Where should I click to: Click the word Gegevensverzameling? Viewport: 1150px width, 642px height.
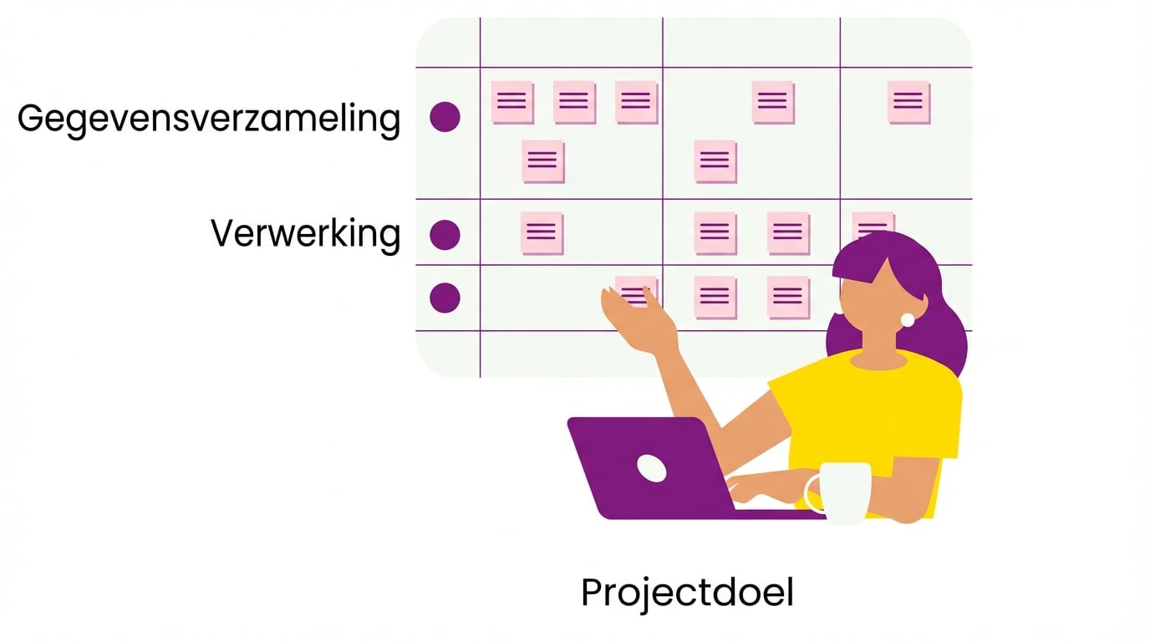(x=209, y=119)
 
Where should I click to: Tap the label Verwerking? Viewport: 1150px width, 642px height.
(x=305, y=234)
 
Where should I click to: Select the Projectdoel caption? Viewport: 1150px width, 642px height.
(x=687, y=593)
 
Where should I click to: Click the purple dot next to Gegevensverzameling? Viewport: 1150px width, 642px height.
(x=445, y=117)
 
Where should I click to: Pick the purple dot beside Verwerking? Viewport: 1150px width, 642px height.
(x=445, y=235)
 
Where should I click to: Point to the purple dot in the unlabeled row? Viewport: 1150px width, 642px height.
(x=445, y=298)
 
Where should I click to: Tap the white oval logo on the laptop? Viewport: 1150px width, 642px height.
(x=652, y=468)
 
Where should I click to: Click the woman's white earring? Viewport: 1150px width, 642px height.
(x=907, y=319)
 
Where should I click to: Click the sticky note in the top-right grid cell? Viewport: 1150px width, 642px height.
(x=908, y=102)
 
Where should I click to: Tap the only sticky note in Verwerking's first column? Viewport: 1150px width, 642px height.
(x=542, y=233)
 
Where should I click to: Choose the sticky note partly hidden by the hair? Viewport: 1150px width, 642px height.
(x=872, y=222)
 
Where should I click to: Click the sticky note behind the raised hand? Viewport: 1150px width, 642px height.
(x=639, y=292)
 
